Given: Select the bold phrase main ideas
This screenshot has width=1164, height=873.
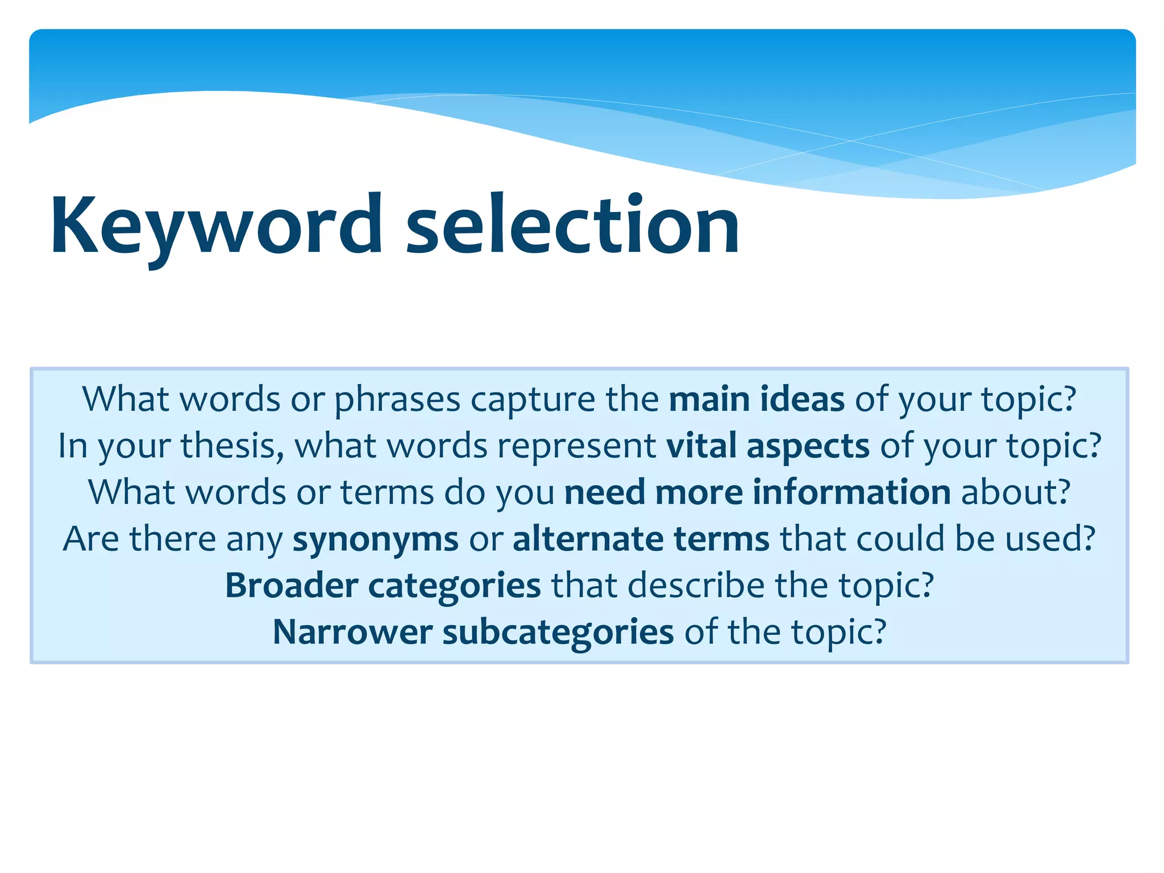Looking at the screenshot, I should (756, 399).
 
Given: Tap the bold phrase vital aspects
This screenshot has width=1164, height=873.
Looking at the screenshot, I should (768, 446).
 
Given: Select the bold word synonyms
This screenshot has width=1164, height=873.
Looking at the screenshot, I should (375, 539).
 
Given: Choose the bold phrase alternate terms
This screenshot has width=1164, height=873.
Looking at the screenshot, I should (641, 539).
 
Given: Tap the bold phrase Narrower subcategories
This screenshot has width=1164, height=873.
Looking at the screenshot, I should (473, 632).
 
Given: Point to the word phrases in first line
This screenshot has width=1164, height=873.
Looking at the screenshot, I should (397, 400).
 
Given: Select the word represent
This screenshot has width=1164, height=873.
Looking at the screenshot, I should (577, 447).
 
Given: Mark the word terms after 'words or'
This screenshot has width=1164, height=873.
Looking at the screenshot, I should (387, 492).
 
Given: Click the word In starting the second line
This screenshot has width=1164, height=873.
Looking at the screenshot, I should (72, 446).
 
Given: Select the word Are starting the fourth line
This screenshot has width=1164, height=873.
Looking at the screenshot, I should (91, 539).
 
